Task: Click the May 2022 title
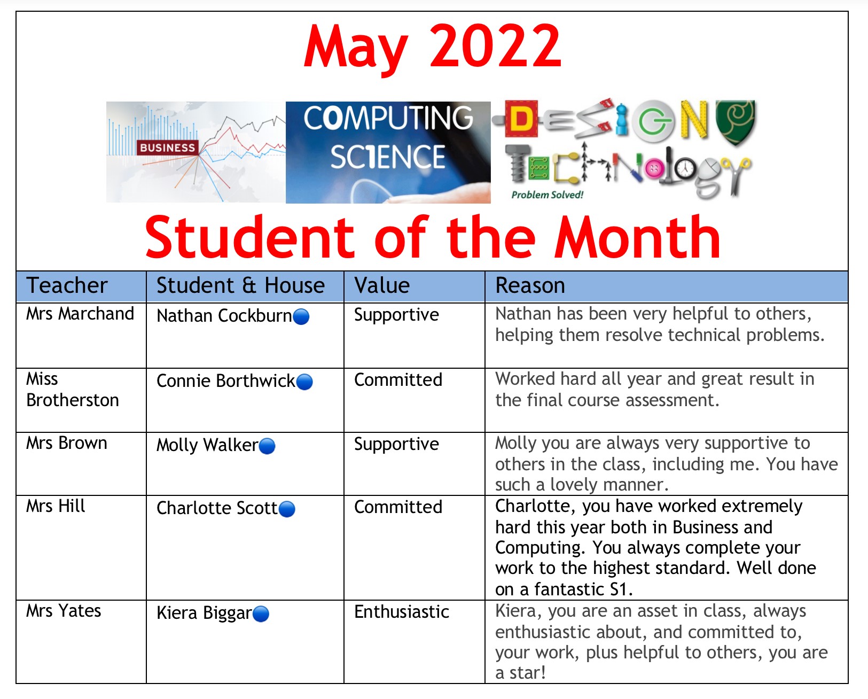click(x=432, y=48)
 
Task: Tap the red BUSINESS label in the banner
click(x=167, y=147)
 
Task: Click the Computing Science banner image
click(x=388, y=152)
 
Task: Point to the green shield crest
click(x=736, y=122)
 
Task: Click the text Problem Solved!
click(x=548, y=195)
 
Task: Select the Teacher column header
click(x=67, y=285)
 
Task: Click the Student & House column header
click(x=240, y=285)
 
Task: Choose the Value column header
click(x=382, y=285)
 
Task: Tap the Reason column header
click(x=530, y=285)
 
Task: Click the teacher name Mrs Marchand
click(x=80, y=314)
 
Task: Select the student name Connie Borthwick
click(x=225, y=381)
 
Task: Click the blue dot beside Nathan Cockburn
click(x=301, y=316)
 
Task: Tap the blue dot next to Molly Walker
click(x=267, y=446)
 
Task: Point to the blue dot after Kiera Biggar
click(x=261, y=614)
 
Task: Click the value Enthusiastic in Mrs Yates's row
click(x=401, y=612)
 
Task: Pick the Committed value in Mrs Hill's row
click(x=398, y=507)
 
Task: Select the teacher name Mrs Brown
click(x=67, y=443)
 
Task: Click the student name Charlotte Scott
click(x=217, y=508)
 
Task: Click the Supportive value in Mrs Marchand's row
click(x=396, y=315)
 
